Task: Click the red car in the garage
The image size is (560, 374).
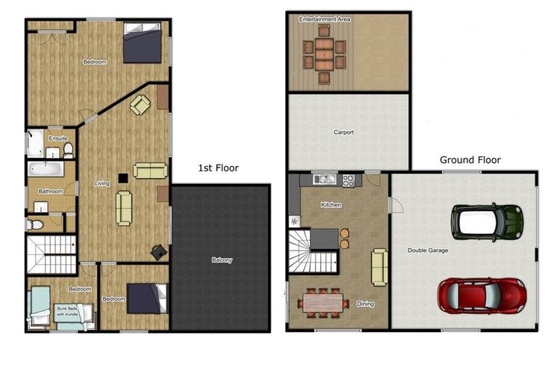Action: pyautogui.click(x=482, y=295)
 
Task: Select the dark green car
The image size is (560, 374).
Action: pyautogui.click(x=487, y=222)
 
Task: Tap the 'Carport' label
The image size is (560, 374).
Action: pyautogui.click(x=343, y=132)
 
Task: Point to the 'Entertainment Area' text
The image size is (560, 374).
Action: pyautogui.click(x=325, y=19)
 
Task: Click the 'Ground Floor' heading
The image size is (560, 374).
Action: pyautogui.click(x=470, y=159)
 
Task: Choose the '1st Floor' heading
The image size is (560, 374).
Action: pyautogui.click(x=218, y=168)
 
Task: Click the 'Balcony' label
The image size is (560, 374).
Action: pyautogui.click(x=222, y=260)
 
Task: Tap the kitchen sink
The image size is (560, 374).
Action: pyautogui.click(x=325, y=180)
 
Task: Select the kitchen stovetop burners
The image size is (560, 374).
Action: pyautogui.click(x=348, y=180)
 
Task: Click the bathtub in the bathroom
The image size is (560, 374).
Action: pyautogui.click(x=46, y=168)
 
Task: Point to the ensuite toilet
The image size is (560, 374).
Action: pyautogui.click(x=68, y=150)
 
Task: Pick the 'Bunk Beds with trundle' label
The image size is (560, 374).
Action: pyautogui.click(x=67, y=311)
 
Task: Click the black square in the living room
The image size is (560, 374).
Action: pyautogui.click(x=123, y=178)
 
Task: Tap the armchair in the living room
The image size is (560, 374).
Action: pyautogui.click(x=140, y=105)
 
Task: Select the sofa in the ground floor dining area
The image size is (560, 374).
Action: pyautogui.click(x=379, y=267)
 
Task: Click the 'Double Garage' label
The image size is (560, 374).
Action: pyautogui.click(x=428, y=250)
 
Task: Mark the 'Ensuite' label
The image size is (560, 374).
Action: pyautogui.click(x=57, y=138)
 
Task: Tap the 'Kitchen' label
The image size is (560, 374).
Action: pyautogui.click(x=331, y=205)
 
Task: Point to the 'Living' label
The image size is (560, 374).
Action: pyautogui.click(x=102, y=183)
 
